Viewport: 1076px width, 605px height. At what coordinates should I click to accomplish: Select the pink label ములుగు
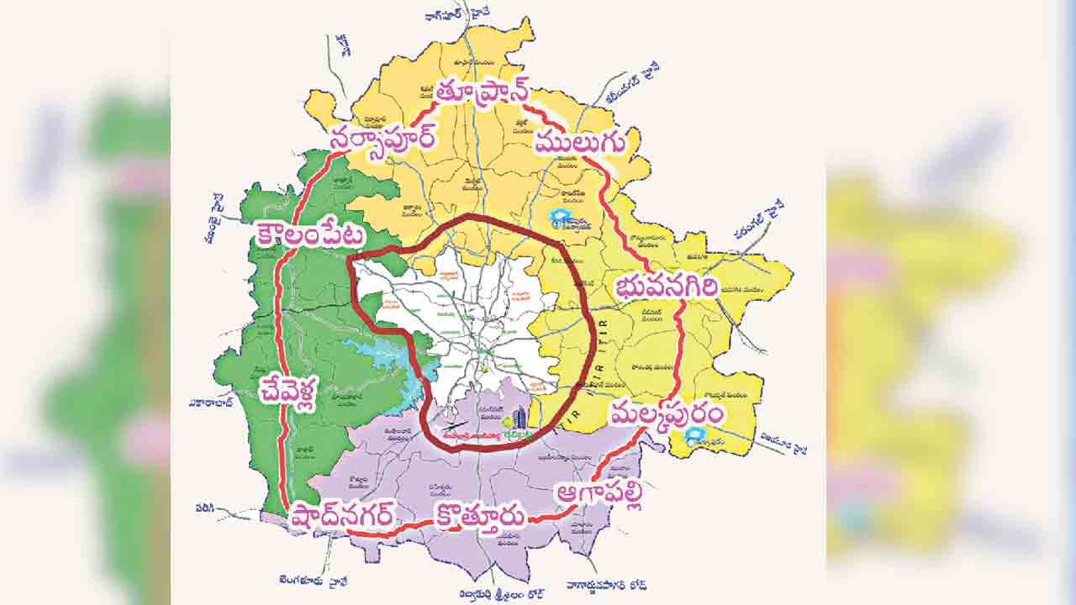pyautogui.click(x=580, y=143)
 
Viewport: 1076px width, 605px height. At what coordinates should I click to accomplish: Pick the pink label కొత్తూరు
pyautogui.click(x=479, y=514)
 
